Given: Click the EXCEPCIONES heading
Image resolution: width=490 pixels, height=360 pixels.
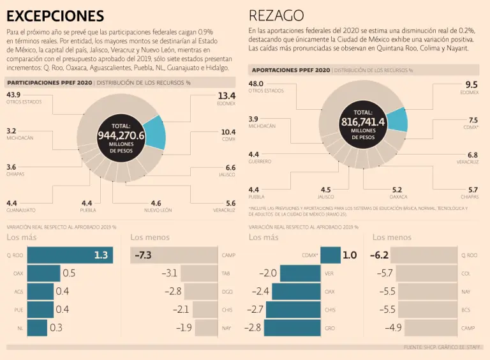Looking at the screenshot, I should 55,15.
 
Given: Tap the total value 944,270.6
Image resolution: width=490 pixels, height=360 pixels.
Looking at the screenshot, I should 121,135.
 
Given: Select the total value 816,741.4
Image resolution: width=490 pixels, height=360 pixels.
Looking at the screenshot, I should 363,122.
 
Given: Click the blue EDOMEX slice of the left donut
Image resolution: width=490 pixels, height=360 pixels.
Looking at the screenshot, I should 154,131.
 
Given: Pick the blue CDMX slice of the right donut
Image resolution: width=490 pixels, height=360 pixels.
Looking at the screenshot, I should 397,119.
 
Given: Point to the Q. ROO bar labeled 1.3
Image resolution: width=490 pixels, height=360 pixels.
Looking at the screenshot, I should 70,255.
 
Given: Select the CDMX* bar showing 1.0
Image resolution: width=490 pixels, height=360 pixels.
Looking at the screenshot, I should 330,255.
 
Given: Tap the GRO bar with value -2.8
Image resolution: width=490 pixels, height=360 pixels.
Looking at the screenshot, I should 293,327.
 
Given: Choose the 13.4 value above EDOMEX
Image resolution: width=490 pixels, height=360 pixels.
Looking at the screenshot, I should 226,96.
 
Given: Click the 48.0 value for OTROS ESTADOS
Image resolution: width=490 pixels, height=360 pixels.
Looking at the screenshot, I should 256,84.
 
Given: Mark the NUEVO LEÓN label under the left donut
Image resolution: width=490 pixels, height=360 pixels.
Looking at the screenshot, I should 158,210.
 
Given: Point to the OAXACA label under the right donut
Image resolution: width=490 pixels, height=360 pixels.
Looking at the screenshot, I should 398,197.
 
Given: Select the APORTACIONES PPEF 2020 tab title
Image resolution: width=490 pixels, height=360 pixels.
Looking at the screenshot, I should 291,70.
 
